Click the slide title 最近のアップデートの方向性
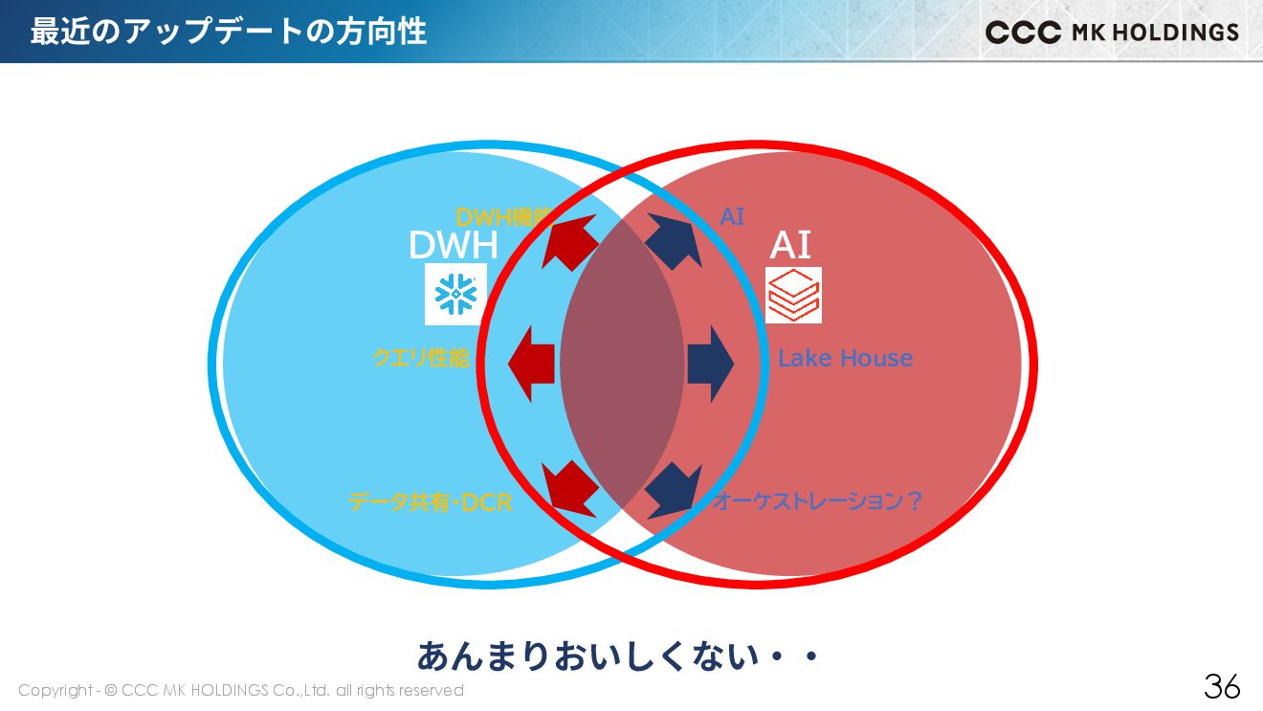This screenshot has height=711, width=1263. (x=228, y=32)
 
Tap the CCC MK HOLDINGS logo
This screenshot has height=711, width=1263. (x=1112, y=33)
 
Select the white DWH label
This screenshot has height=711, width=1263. (x=453, y=246)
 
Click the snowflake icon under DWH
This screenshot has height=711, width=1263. (x=455, y=295)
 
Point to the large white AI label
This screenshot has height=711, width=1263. (x=790, y=246)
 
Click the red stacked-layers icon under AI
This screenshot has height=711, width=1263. (x=793, y=295)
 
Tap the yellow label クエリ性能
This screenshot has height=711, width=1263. (x=421, y=358)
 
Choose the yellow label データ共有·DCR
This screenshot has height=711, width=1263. (x=431, y=501)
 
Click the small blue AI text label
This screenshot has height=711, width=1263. (x=732, y=217)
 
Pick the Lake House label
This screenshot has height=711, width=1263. (x=845, y=358)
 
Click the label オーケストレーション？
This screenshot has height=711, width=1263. (x=817, y=501)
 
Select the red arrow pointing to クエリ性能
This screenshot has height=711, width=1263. (x=532, y=364)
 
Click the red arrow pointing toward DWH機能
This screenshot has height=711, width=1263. (x=570, y=242)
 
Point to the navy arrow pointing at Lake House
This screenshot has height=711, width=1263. (x=709, y=364)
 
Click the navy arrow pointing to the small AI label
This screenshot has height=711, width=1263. (x=674, y=241)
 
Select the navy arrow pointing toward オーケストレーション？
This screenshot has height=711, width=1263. (x=673, y=488)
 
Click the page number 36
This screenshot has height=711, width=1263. (x=1222, y=686)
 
